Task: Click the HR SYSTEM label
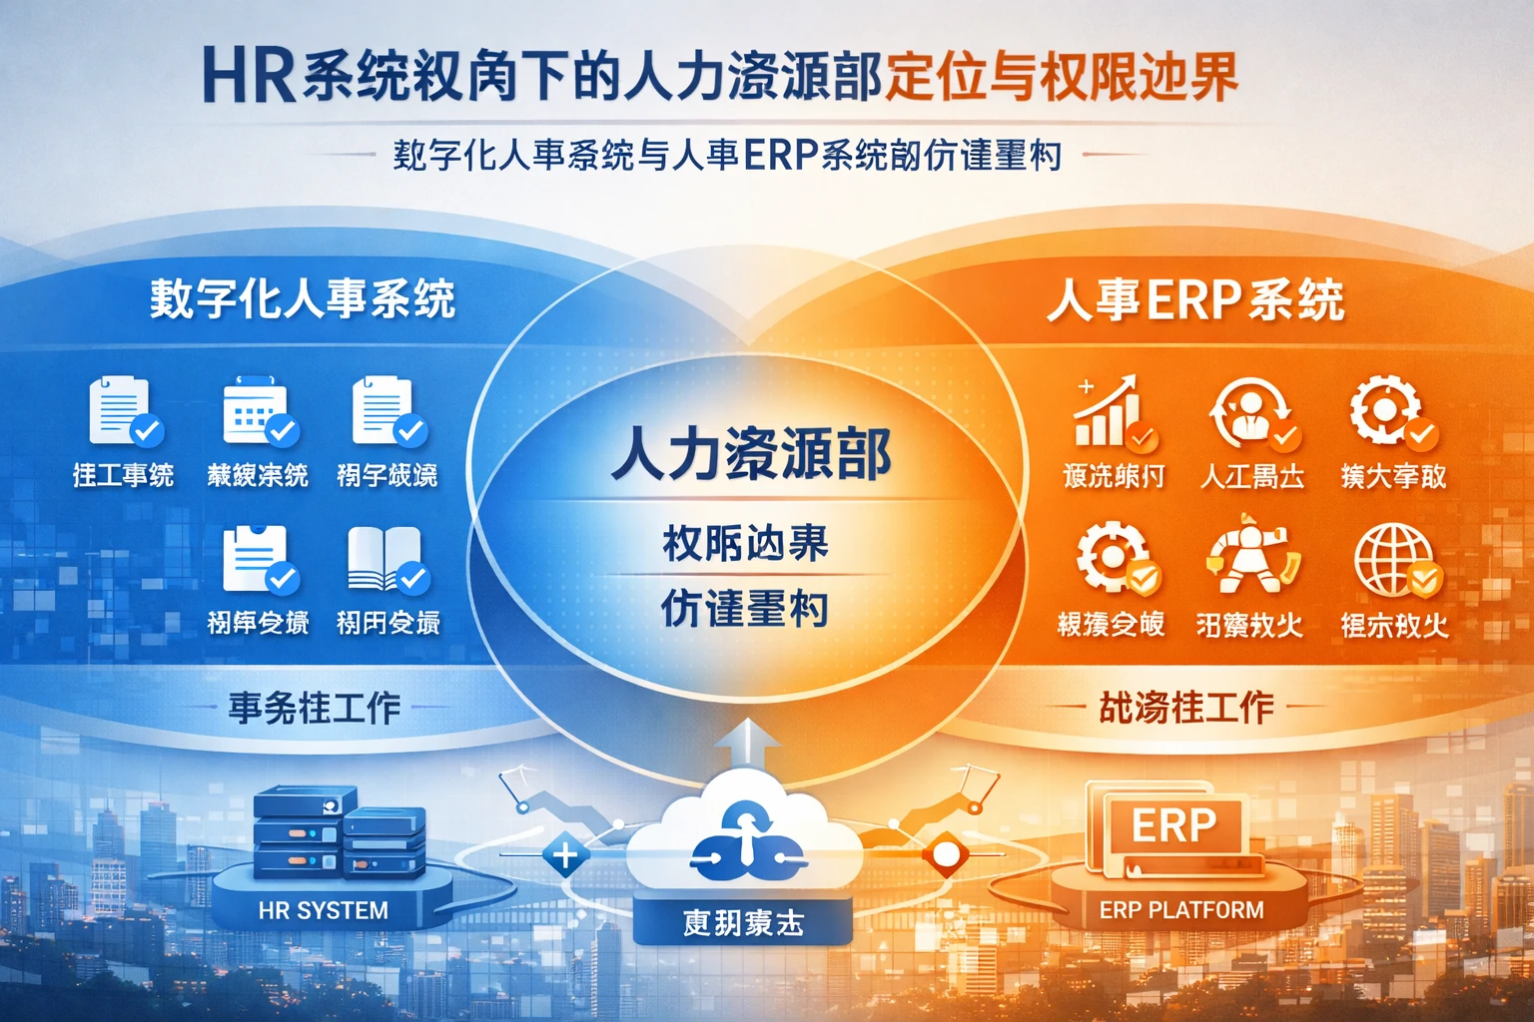coord(323,910)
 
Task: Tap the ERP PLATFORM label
coord(1181,910)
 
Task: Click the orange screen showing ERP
coord(1173,825)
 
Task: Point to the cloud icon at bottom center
coord(744,843)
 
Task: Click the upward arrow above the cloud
coord(748,743)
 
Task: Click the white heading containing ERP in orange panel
coord(1195,299)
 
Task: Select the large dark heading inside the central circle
coord(750,454)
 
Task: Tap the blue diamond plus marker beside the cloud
coord(565,855)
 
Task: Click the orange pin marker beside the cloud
coord(944,855)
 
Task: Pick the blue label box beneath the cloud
coord(743,923)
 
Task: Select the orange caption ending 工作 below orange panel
coord(1185,708)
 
